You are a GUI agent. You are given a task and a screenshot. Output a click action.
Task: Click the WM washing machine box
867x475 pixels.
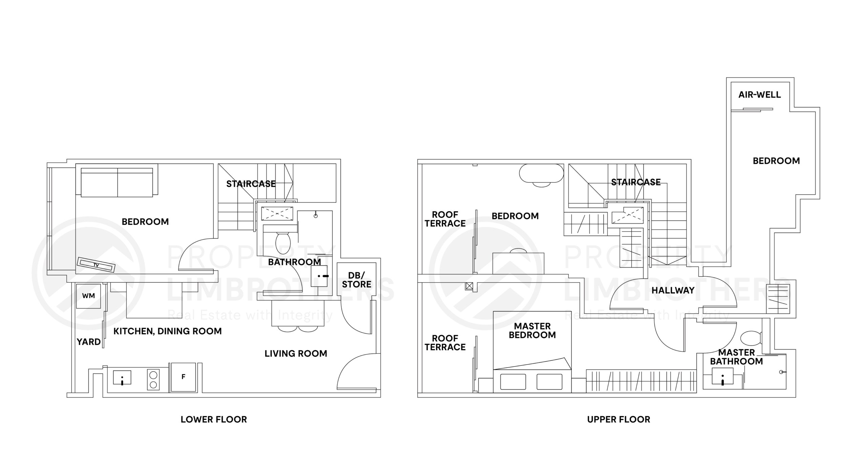point(88,296)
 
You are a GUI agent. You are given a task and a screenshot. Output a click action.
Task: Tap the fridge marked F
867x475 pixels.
point(183,377)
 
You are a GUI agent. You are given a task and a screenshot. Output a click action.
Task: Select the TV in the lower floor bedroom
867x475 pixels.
point(96,265)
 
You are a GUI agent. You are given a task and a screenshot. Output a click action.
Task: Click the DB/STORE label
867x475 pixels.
point(356,280)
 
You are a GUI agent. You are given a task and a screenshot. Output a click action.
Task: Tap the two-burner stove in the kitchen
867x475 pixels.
point(153,379)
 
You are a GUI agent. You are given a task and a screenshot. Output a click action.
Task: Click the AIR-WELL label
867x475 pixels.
point(759,95)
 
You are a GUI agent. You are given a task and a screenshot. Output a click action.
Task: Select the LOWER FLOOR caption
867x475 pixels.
point(214,419)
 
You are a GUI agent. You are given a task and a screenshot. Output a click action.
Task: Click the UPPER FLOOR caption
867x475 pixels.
point(618,419)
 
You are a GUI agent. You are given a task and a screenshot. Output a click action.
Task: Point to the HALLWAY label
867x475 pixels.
point(673,290)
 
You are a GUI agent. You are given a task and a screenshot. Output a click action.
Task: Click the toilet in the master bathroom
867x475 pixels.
point(750,338)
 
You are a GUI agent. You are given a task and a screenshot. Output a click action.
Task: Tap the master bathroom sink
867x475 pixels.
point(723,378)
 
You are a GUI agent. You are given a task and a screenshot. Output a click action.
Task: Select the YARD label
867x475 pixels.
point(88,342)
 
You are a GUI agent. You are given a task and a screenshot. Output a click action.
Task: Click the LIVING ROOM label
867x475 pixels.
point(296,354)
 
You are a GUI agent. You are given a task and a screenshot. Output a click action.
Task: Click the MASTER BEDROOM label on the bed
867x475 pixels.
point(532,331)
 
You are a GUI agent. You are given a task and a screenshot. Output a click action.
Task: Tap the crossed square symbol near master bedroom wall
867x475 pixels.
point(469,286)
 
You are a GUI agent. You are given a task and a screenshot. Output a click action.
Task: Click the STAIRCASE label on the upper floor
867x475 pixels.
point(635,182)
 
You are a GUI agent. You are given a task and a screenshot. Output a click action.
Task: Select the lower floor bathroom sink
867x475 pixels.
point(319,276)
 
